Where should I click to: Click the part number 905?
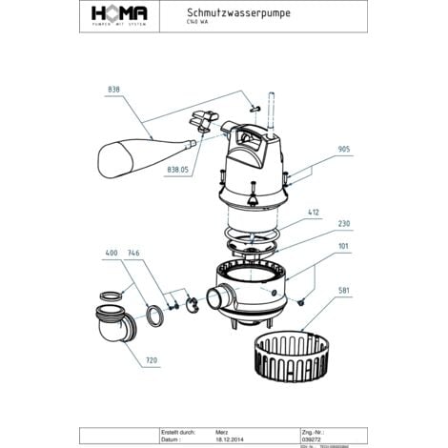pyautogui.click(x=344, y=150)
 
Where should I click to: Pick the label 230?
pyautogui.click(x=344, y=225)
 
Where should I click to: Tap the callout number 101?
pyautogui.click(x=344, y=246)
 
